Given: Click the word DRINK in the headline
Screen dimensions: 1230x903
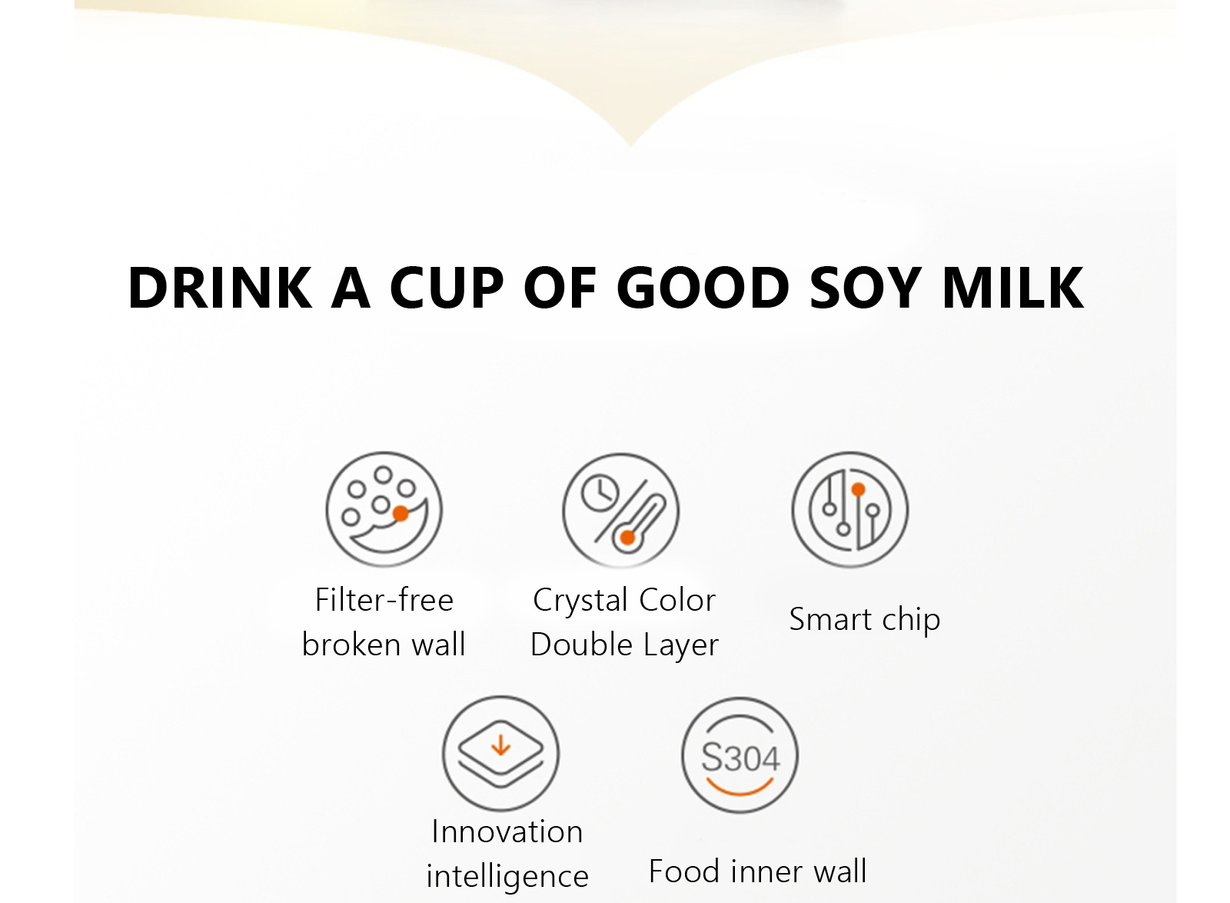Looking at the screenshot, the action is coord(220,287).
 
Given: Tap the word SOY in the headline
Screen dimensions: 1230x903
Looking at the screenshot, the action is coord(866,287).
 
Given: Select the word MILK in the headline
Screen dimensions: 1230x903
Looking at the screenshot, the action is coord(1013,287).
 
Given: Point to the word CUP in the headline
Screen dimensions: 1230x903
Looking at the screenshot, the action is coord(447,287).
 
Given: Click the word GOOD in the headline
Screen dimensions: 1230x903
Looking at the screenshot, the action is coord(703,287).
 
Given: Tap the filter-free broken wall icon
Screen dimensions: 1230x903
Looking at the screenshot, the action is coord(384,509).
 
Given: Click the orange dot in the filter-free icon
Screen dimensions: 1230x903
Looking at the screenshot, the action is coord(401,514).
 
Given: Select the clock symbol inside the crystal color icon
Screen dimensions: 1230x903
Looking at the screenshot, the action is coord(600,492).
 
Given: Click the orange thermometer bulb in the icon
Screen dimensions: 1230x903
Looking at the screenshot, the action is coord(627,538).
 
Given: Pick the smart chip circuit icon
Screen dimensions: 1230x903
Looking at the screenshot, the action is coord(850,509).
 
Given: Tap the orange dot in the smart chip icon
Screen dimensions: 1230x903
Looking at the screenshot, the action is coord(858,489).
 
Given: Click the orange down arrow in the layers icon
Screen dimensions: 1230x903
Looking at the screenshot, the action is coord(500,745).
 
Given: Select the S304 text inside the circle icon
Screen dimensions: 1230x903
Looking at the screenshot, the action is coord(740,758).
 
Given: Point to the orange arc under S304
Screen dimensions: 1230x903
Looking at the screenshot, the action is coord(740,792).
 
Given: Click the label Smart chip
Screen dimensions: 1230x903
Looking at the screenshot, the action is coord(865,620).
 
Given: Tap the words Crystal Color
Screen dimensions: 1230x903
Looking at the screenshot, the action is coord(624,600).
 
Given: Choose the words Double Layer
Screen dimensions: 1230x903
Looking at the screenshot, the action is coord(624,645).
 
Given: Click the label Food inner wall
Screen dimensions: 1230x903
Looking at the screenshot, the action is coord(758,871).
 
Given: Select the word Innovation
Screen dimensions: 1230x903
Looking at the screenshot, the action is coord(507,831).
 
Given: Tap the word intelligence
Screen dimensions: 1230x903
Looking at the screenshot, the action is coord(507,877).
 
